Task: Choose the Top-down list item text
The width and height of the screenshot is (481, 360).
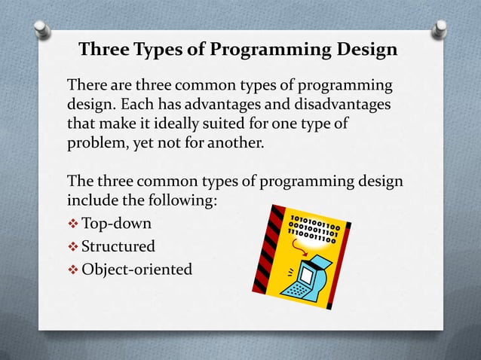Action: (116, 224)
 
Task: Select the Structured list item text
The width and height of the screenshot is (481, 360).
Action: (118, 246)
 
